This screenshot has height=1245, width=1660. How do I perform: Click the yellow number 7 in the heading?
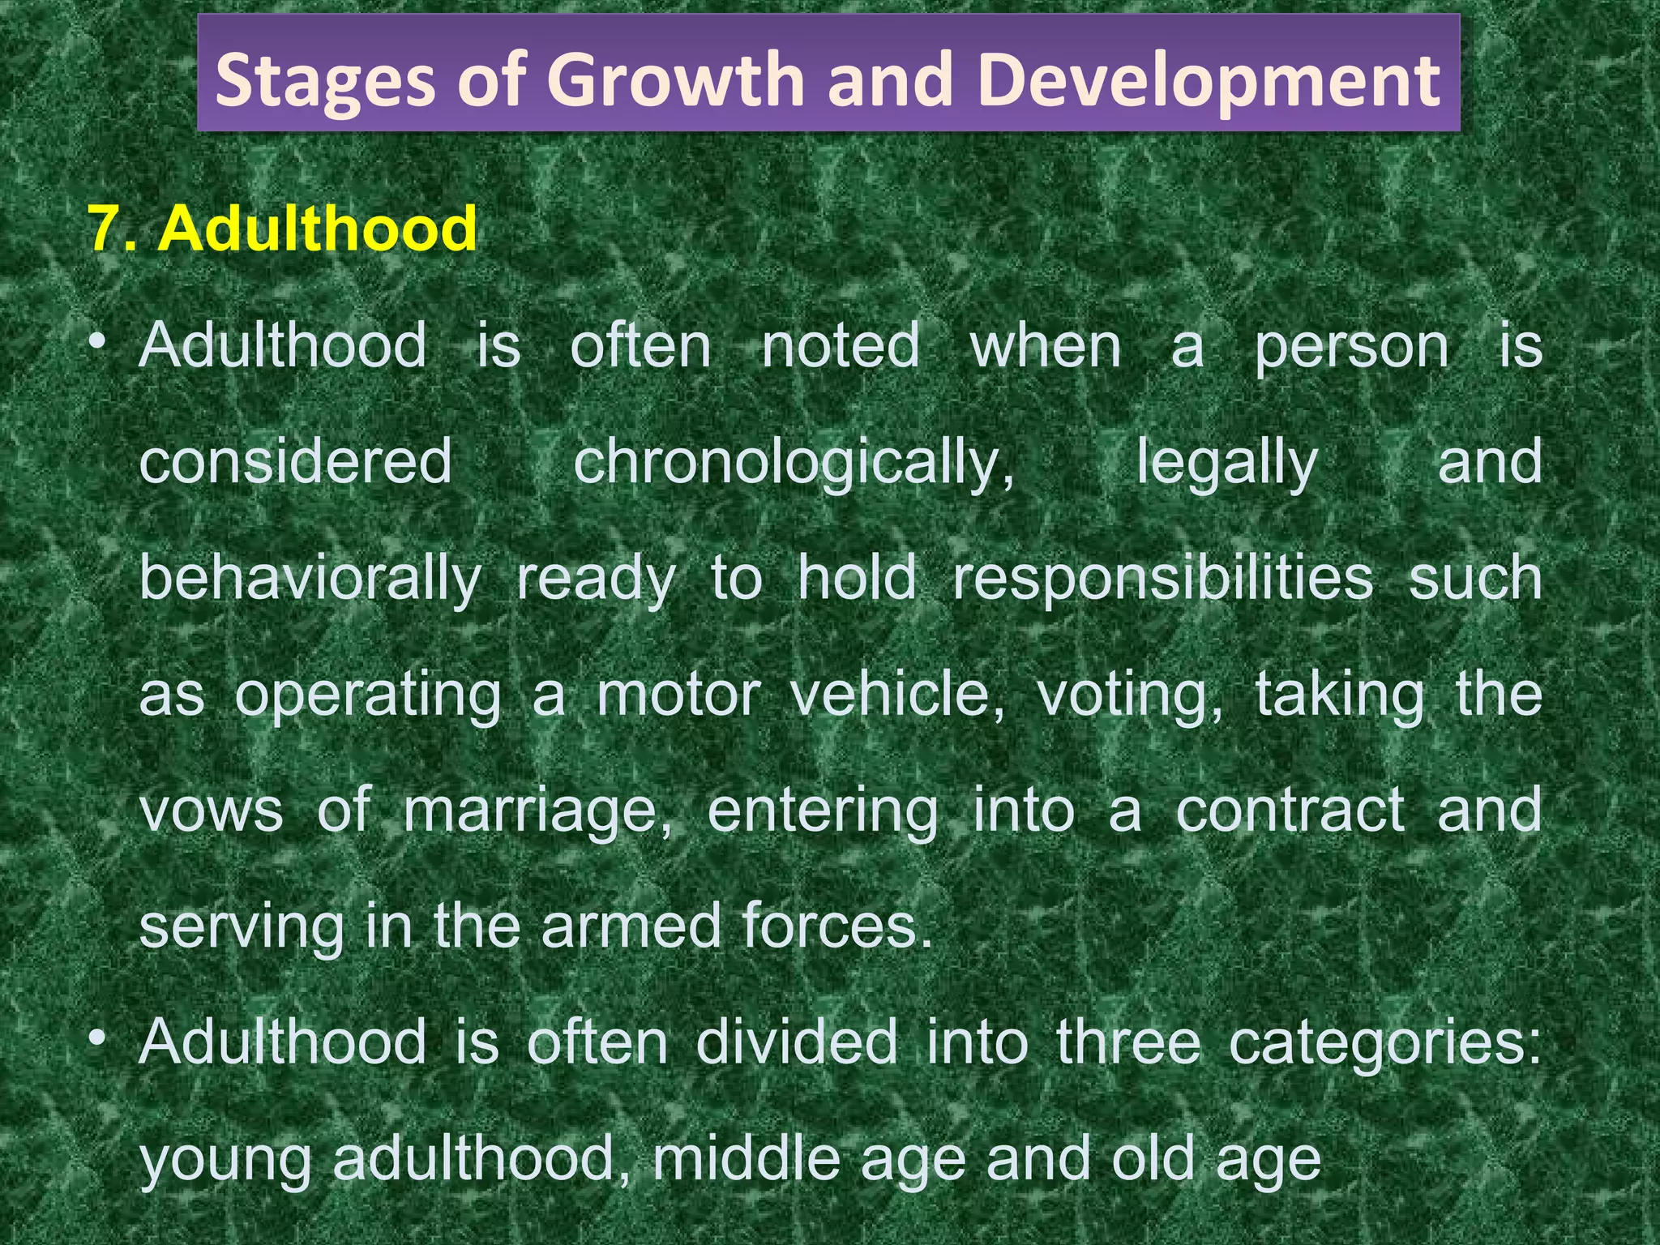click(x=106, y=229)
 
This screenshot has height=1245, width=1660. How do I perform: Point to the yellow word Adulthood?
click(x=318, y=229)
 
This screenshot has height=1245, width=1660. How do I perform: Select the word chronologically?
click(x=794, y=462)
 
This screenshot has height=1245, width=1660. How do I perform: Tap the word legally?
click(x=1227, y=462)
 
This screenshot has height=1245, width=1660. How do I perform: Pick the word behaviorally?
click(x=310, y=579)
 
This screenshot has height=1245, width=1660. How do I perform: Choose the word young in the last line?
click(x=225, y=1160)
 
